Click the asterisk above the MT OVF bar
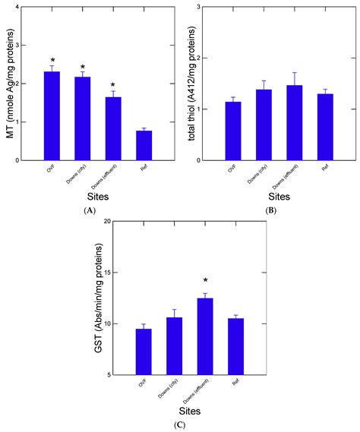pyautogui.click(x=52, y=59)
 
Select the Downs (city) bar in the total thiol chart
pyautogui.click(x=264, y=125)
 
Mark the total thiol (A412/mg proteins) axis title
pyautogui.click(x=185, y=84)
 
